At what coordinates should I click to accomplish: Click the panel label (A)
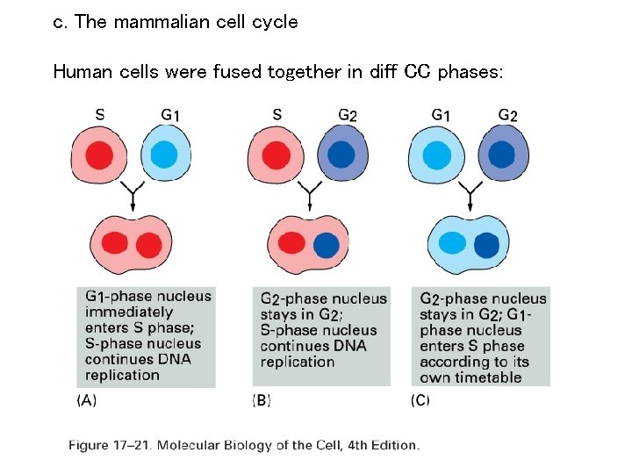pos(87,400)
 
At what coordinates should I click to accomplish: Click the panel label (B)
pos(262,400)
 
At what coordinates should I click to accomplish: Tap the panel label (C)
pos(420,400)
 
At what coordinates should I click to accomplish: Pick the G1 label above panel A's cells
pos(170,115)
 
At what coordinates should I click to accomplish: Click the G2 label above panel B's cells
pos(348,115)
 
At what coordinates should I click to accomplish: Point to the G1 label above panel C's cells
pos(442,115)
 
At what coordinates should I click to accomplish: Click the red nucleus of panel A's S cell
pos(99,155)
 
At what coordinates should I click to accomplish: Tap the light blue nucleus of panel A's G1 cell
pos(164,155)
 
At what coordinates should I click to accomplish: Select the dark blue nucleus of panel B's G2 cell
pos(341,155)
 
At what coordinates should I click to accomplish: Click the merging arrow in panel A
pos(133,195)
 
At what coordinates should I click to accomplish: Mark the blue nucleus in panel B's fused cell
pos(325,244)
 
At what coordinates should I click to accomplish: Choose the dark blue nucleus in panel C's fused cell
pos(485,244)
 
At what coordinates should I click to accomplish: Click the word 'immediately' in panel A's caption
pos(129,312)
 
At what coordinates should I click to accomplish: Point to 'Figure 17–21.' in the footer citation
pos(110,445)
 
